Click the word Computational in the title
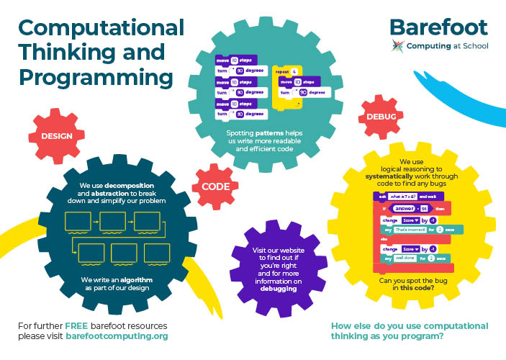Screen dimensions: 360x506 click(101, 28)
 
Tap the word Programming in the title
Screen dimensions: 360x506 click(95, 76)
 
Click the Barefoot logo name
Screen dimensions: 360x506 click(438, 27)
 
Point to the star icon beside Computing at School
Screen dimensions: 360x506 click(397, 46)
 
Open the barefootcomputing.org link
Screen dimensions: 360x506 click(117, 336)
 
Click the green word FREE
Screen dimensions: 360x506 click(76, 326)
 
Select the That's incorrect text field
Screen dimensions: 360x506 click(412, 229)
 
